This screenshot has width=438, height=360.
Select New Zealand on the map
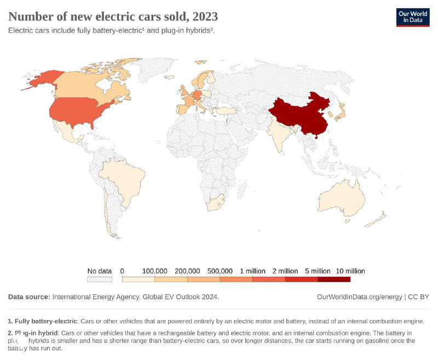point(378,220)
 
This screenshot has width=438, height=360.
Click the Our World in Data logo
point(413,17)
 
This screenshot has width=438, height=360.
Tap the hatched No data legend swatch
point(99,279)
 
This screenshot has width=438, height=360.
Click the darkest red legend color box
point(334,279)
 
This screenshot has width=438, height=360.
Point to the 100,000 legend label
point(154,271)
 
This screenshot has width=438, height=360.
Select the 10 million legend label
point(350,271)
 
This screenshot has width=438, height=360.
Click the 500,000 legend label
point(220,271)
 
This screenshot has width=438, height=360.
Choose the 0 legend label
point(122,271)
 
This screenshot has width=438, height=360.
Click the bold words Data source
point(28,297)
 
